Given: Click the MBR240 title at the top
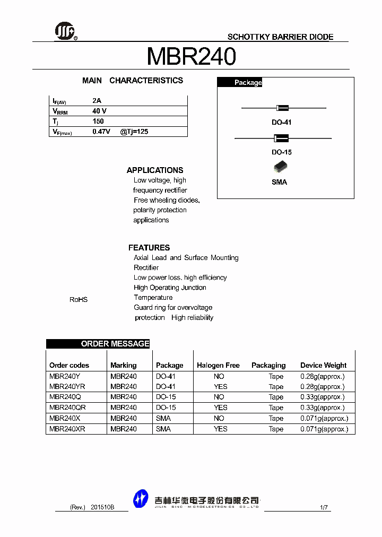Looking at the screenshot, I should [191, 56].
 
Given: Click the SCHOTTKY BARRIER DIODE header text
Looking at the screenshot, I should [280, 37].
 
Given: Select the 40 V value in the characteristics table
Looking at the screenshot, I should [99, 111].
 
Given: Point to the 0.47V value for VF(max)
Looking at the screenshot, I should [101, 131].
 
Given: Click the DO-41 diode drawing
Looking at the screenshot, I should [283, 108].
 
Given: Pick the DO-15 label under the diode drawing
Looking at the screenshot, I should [282, 152].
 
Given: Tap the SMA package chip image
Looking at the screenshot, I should [280, 168].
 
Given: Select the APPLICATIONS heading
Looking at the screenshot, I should [155, 170].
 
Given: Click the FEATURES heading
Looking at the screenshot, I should [149, 248].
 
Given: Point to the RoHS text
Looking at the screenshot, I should [79, 300].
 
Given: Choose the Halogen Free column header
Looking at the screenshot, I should [218, 366].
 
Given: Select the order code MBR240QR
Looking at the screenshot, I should [67, 408].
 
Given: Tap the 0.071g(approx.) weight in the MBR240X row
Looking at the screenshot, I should [324, 418].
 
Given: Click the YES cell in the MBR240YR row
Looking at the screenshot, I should [220, 387].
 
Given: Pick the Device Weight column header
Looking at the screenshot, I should [323, 366].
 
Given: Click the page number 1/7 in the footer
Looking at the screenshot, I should [324, 507].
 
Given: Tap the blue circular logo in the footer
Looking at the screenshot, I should [141, 499].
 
